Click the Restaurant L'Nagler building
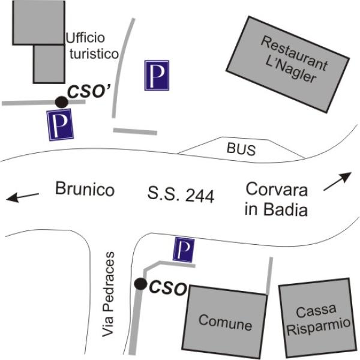288,65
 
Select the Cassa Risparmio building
318,318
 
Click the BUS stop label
241,149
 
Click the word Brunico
85,189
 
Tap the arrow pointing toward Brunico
22,197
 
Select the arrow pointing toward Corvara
337,181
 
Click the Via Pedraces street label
108,295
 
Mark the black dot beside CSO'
62,102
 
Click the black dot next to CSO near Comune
140,284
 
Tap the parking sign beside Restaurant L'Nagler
157,76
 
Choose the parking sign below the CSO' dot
60,125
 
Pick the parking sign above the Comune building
184,250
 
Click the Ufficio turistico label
92,46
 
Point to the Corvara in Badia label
276,199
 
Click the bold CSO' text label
89,91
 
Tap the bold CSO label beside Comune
168,287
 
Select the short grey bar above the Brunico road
135,131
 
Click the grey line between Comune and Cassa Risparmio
269,275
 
